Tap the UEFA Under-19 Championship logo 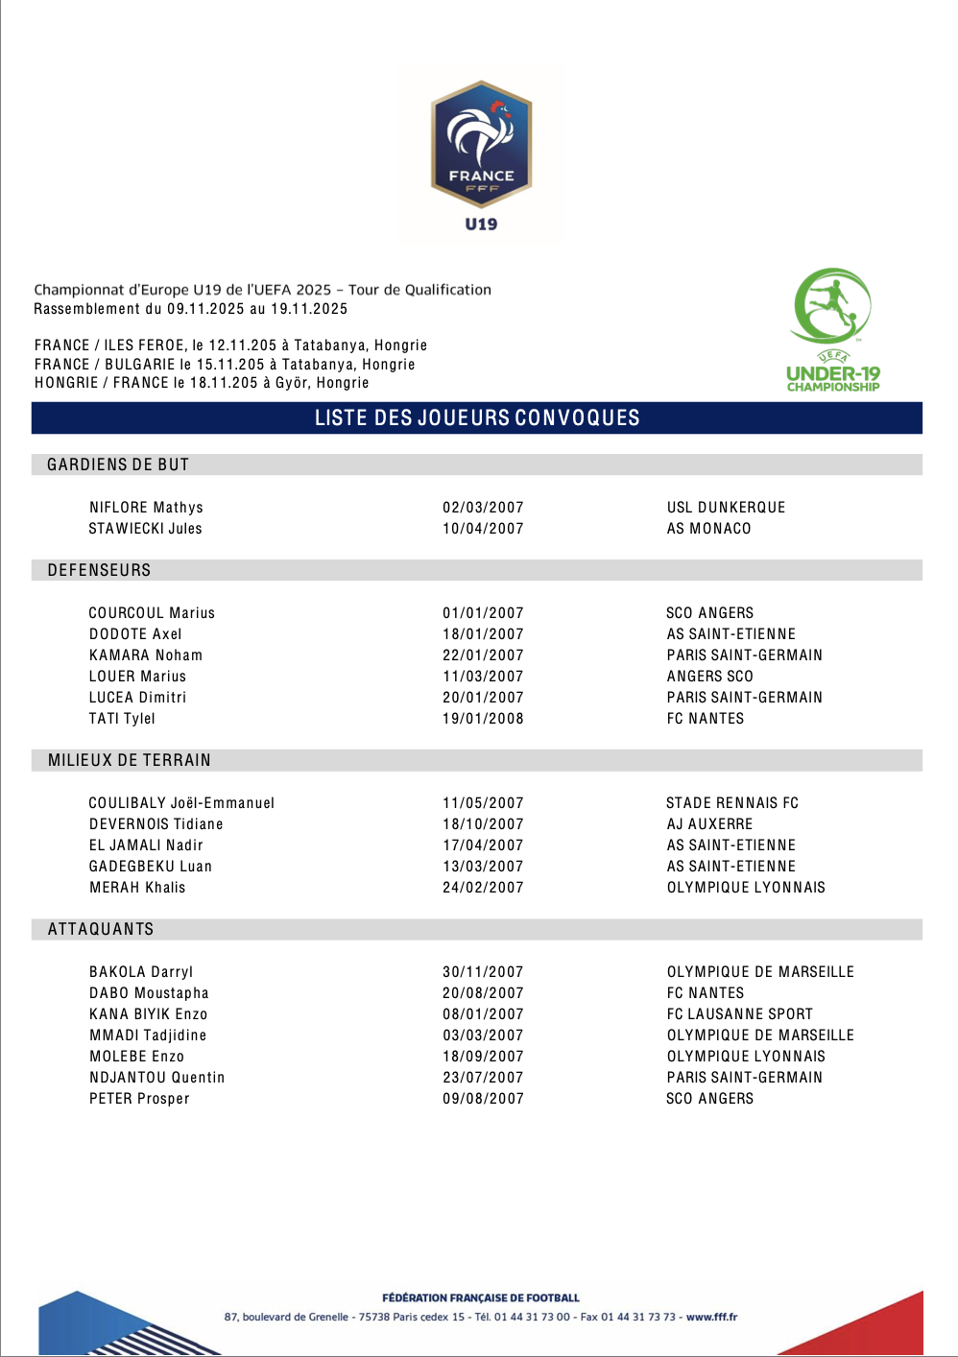pos(832,330)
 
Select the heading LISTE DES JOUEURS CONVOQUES pos(477,418)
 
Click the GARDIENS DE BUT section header pos(118,465)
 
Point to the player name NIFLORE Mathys pos(146,508)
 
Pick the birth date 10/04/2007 pos(483,529)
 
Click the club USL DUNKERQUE pos(726,508)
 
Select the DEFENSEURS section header pos(99,571)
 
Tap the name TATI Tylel pos(122,719)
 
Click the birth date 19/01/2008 pos(483,719)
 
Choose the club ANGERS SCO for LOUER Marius pos(709,677)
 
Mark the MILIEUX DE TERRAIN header pos(130,761)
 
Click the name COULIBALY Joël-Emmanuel pos(181,803)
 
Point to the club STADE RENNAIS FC pos(732,803)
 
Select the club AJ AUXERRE pos(709,824)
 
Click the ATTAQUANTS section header pos(101,930)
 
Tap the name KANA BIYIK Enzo pos(148,1014)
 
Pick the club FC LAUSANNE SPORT pos(739,1014)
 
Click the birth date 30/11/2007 pos(483,972)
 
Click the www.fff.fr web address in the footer pos(711,1318)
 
